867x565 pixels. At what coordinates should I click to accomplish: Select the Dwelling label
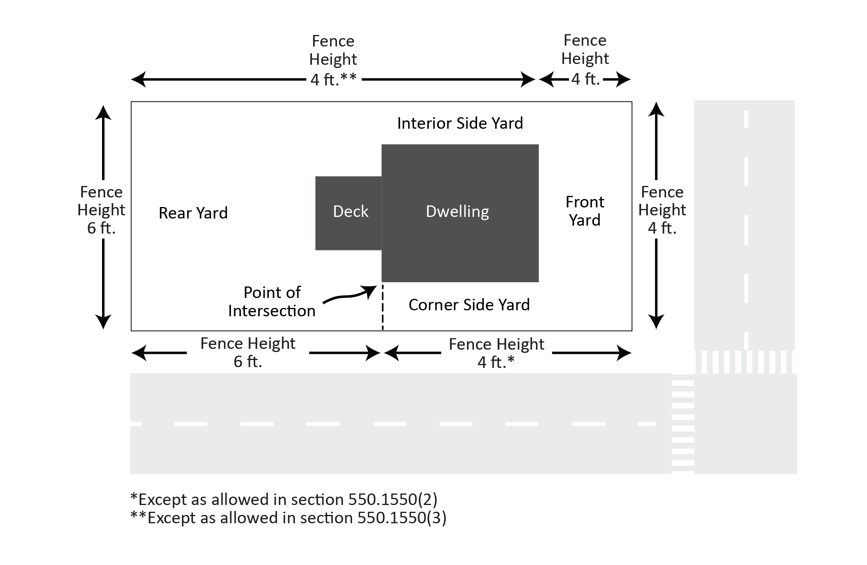[x=457, y=211]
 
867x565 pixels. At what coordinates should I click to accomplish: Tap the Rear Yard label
[x=193, y=213]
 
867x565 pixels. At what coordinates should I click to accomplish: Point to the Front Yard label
[x=585, y=211]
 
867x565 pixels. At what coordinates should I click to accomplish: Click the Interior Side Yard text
[x=460, y=123]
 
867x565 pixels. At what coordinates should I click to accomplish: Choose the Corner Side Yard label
[x=469, y=305]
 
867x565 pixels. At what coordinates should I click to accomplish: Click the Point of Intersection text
[x=272, y=302]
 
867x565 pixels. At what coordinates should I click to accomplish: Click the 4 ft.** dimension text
[x=333, y=80]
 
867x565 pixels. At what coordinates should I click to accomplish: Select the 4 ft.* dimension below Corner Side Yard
[x=496, y=362]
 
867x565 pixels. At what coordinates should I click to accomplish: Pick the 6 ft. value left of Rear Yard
[x=101, y=228]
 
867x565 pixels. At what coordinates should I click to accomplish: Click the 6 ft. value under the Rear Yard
[x=248, y=362]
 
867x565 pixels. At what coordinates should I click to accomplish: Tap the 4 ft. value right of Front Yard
[x=662, y=228]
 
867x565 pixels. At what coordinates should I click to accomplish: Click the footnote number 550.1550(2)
[x=393, y=499]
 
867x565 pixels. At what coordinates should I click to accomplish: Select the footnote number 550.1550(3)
[x=402, y=518]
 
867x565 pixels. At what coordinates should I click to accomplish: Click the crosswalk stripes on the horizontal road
[x=683, y=424]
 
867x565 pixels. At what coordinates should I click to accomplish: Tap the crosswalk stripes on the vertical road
[x=745, y=362]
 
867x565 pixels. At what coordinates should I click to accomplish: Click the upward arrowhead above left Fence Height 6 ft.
[x=103, y=113]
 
